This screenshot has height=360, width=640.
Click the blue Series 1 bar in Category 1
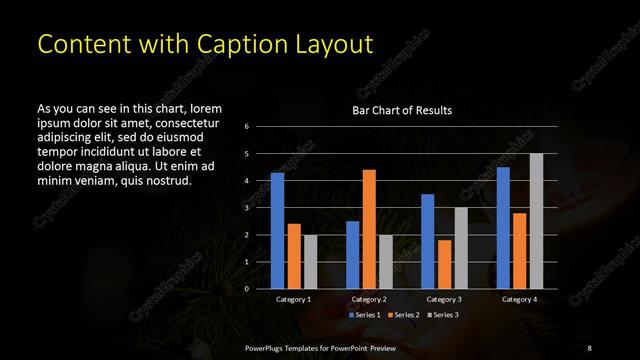coord(277,231)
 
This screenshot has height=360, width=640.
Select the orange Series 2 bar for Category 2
coord(369,229)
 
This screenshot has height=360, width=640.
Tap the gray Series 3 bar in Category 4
coord(536,221)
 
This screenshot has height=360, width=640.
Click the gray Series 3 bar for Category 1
coord(310,262)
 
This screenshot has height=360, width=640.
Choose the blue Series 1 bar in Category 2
coord(352,255)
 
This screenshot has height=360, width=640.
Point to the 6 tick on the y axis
coord(260,127)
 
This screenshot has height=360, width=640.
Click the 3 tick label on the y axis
coord(260,208)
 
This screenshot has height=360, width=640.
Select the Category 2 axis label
coord(368,299)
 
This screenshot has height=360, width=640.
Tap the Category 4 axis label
coord(519,299)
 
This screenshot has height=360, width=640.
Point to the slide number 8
coord(589,346)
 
